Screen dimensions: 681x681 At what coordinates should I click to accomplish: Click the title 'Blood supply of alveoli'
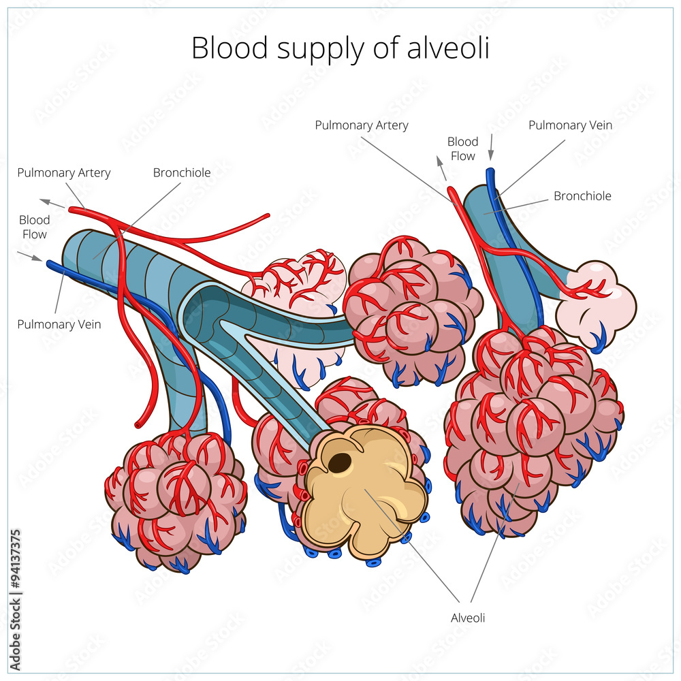click(x=340, y=48)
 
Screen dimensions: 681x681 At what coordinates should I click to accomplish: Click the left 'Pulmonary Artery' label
click(x=64, y=173)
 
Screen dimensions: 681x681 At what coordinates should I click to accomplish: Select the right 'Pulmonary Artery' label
click(x=362, y=125)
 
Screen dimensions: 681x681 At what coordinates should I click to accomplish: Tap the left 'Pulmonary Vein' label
click(x=59, y=324)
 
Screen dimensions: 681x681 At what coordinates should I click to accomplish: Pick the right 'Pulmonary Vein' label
click(x=570, y=125)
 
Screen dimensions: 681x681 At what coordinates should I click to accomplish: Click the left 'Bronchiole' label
click(x=182, y=173)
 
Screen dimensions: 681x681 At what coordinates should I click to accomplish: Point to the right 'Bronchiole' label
click(x=582, y=196)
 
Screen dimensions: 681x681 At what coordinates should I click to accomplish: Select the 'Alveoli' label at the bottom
click(x=468, y=618)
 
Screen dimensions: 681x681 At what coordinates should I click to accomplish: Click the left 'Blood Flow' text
click(x=34, y=227)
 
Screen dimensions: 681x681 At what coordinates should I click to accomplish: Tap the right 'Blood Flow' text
click(x=462, y=148)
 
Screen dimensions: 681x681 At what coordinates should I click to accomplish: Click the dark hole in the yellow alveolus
click(x=340, y=463)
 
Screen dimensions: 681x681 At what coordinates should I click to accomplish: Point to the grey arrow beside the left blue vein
click(x=29, y=256)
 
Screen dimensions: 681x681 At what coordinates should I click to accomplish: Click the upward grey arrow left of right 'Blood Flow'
click(x=441, y=168)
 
